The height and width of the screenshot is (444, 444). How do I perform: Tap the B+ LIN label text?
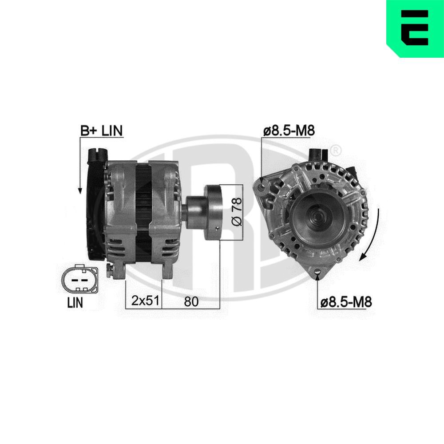tap(101, 131)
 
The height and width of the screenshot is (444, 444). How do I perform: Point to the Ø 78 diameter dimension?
tap(238, 213)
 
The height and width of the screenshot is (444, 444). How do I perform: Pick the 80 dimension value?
tap(190, 301)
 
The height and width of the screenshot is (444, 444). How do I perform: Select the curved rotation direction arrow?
tap(372, 235)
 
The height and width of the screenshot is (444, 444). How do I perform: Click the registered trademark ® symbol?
tap(336, 150)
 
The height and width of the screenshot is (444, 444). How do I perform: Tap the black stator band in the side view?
tap(143, 209)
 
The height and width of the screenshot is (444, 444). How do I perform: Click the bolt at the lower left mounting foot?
tap(109, 270)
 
